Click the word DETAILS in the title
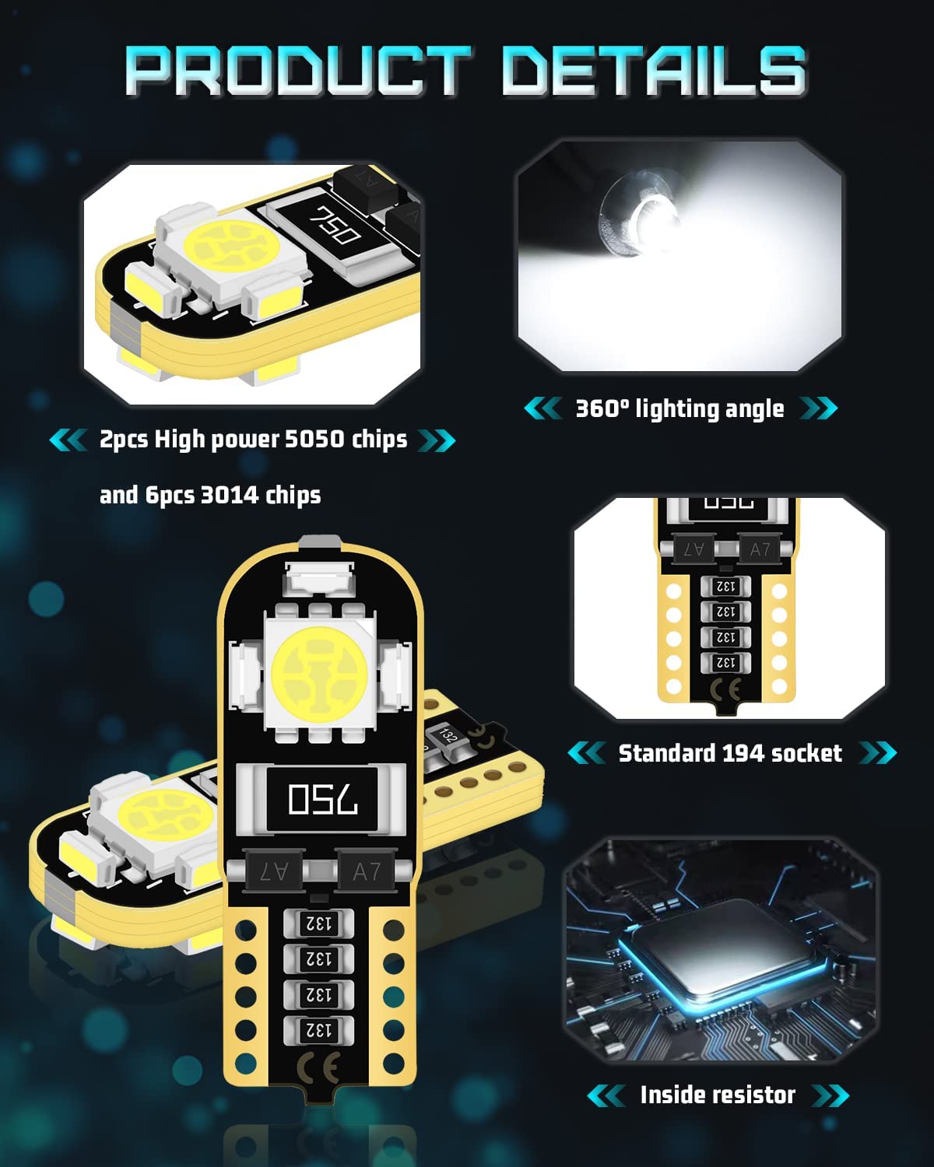(x=655, y=72)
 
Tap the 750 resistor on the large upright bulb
(x=321, y=799)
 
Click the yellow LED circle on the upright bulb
(x=320, y=674)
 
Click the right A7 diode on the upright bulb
(x=367, y=871)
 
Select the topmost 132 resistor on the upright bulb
(x=318, y=923)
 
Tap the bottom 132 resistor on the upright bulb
(x=318, y=1030)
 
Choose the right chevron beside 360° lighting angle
(x=818, y=408)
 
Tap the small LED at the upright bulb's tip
(x=320, y=577)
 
